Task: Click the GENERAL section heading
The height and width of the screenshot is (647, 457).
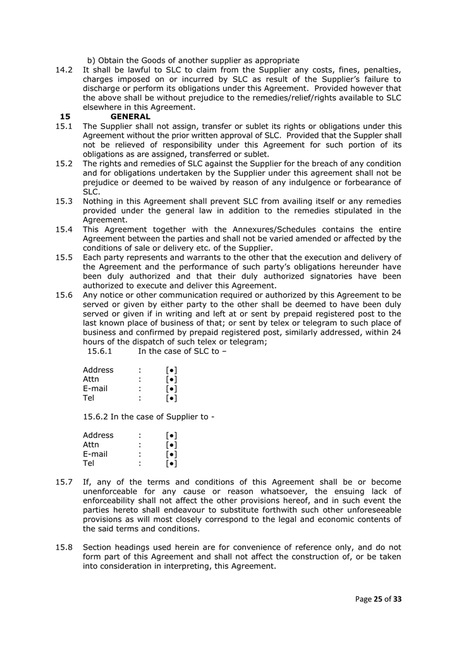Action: point(130,117)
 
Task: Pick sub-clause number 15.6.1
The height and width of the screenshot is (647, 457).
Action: point(99,351)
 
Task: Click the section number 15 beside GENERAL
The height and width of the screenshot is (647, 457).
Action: point(65,117)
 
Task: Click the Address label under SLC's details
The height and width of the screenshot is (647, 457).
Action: point(98,370)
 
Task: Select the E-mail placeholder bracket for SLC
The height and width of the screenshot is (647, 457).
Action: point(171,389)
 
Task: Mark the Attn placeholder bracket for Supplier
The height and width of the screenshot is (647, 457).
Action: point(171,445)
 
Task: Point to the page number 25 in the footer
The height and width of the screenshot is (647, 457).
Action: point(379,599)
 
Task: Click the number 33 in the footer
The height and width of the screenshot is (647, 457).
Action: point(397,599)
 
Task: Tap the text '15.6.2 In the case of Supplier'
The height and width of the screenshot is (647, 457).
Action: point(149,416)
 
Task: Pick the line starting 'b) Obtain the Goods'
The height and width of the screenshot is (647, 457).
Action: point(193,60)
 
